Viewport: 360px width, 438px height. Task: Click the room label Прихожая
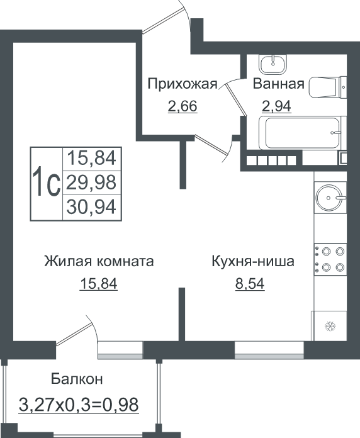183,84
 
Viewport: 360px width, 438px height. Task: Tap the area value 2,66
183,106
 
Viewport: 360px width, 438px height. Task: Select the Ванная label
278,84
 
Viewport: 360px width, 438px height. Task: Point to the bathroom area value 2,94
276,106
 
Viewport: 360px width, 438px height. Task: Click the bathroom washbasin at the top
273,64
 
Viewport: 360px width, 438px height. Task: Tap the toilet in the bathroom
328,87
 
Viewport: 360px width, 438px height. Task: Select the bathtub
301,133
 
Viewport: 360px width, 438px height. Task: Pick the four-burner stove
330,259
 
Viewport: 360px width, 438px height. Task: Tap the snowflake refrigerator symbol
330,326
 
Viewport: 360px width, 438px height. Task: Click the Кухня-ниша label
253,261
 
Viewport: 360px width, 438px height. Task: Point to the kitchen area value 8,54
250,284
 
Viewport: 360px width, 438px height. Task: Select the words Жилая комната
99,261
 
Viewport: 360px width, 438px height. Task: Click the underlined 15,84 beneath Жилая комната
99,284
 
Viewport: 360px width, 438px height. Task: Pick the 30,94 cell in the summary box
92,207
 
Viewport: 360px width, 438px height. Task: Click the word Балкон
77,379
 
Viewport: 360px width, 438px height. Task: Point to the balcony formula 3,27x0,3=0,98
79,405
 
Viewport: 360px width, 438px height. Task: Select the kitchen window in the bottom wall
269,350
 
